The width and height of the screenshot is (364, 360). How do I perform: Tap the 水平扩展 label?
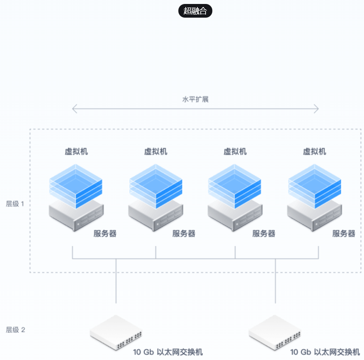click(x=195, y=99)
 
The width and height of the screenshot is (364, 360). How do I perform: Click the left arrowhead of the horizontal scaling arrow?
click(x=74, y=109)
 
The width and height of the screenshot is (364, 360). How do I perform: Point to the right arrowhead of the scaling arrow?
click(x=316, y=109)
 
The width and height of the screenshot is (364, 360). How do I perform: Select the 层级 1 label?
click(x=15, y=204)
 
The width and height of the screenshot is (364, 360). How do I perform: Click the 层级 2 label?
click(x=15, y=330)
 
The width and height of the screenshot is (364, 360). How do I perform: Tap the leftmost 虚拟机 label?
click(x=76, y=151)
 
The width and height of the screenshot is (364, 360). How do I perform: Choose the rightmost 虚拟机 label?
click(x=315, y=151)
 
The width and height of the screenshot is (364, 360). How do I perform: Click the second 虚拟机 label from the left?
click(x=156, y=151)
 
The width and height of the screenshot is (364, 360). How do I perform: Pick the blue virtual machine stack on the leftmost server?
click(x=76, y=185)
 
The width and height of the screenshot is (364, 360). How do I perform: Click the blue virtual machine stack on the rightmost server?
click(x=314, y=185)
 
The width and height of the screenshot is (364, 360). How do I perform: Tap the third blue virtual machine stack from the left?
click(x=235, y=185)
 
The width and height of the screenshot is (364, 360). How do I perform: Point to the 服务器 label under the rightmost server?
click(x=344, y=233)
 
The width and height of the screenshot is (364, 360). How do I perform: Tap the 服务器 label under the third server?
click(x=264, y=233)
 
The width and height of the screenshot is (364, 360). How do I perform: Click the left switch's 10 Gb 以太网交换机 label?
click(x=168, y=352)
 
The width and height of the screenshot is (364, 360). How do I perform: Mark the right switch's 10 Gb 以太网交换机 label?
click(x=325, y=352)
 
